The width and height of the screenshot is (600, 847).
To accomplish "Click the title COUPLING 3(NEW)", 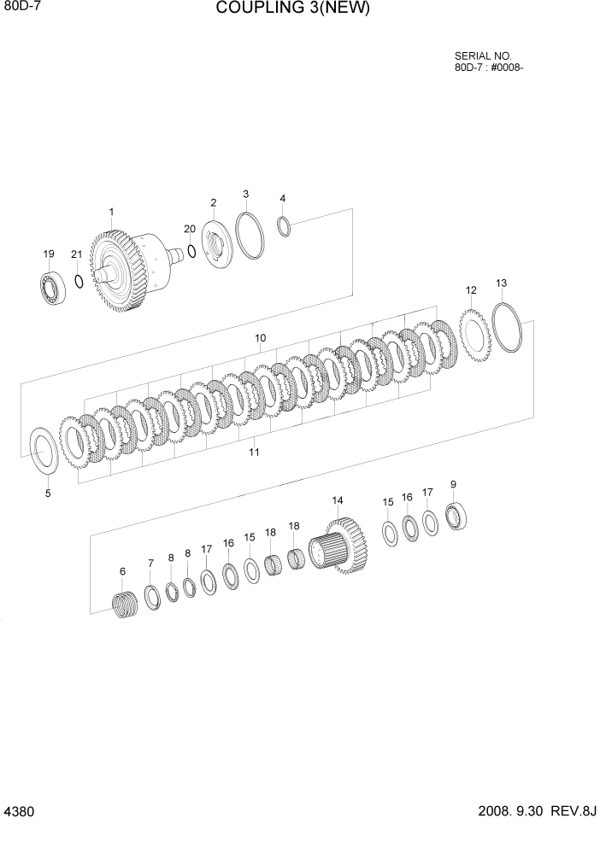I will click(x=293, y=9).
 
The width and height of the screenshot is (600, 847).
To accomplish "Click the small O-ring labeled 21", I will click(x=78, y=281).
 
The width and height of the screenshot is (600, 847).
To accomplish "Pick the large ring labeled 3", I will click(x=250, y=235).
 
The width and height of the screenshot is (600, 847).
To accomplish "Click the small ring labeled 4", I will click(x=284, y=225).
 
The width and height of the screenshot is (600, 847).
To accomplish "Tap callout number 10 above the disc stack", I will click(x=260, y=338).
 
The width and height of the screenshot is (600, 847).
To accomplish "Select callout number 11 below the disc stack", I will click(x=254, y=452).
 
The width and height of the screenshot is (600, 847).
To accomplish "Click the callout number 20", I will click(x=189, y=228).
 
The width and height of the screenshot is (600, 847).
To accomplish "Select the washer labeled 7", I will click(x=152, y=599).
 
